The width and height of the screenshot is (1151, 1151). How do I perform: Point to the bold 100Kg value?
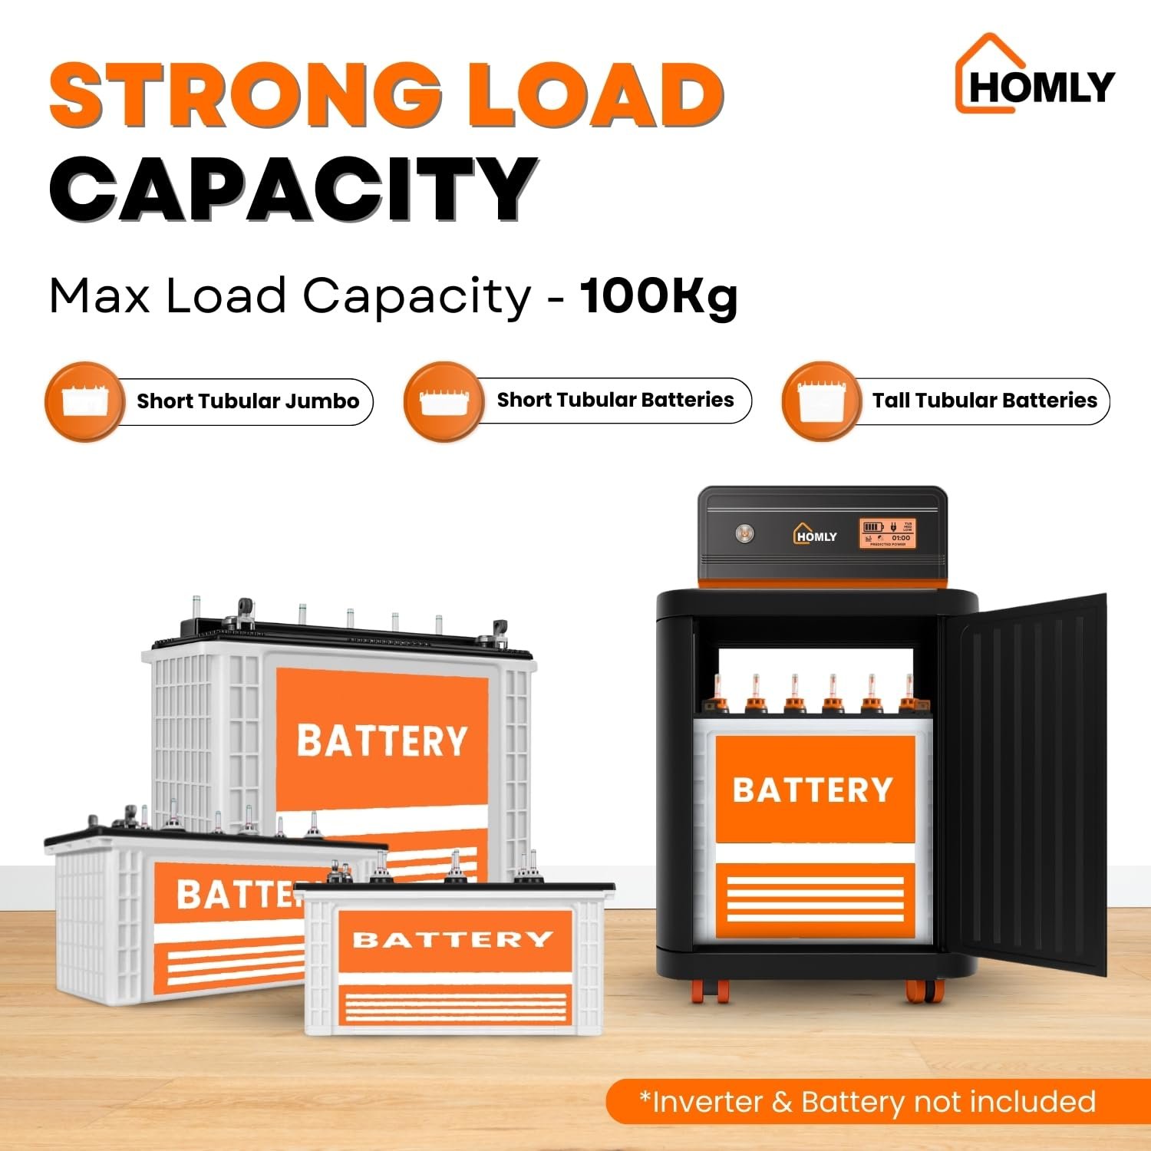658,296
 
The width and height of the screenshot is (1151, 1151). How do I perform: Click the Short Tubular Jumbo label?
248,401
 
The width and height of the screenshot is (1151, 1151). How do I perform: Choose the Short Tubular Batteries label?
615,400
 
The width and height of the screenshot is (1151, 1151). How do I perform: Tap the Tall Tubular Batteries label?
984,401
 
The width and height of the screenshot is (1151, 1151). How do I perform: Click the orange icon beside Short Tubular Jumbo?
84,401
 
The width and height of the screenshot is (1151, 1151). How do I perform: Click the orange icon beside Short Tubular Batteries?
444,401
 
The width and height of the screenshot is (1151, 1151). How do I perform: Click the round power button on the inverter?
744,533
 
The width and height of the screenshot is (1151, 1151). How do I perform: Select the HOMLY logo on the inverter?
815,534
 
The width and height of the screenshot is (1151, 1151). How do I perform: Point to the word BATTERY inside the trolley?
813,790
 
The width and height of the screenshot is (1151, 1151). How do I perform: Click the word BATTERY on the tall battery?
382,740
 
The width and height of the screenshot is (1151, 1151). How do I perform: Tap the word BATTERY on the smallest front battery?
453,940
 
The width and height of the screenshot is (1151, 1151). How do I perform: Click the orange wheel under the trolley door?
921,991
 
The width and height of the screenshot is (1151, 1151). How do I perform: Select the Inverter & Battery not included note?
867,1102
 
